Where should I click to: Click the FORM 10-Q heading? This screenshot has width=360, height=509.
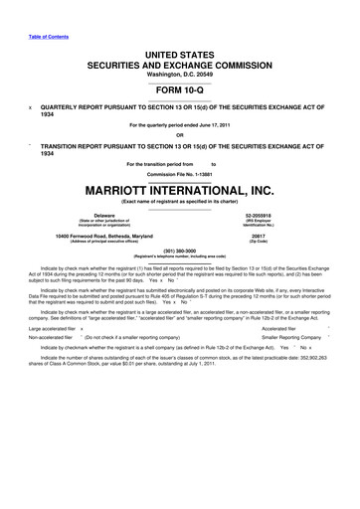(x=180, y=88)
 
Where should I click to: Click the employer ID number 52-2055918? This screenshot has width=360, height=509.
(x=265, y=214)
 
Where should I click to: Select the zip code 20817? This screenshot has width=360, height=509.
(x=265, y=235)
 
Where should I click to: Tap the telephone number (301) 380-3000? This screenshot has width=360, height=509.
(x=180, y=251)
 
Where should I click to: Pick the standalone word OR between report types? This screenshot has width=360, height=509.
(x=180, y=135)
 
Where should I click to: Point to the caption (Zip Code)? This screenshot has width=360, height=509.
(x=265, y=241)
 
